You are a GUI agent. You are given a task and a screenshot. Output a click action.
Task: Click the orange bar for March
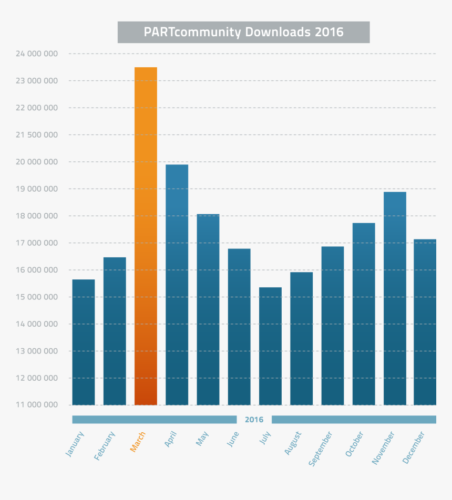tap(146, 236)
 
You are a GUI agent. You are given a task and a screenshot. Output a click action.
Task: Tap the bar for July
tap(270, 346)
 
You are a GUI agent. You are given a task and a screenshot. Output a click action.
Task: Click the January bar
tap(84, 342)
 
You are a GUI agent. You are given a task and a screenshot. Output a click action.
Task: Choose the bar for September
tap(333, 326)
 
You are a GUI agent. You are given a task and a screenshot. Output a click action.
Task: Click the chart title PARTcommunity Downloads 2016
tap(243, 32)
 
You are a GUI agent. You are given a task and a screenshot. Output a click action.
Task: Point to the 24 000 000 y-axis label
tap(37, 54)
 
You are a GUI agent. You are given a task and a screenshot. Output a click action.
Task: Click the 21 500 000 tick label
tap(37, 135)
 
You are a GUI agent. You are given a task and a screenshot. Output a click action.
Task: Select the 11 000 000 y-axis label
tap(37, 405)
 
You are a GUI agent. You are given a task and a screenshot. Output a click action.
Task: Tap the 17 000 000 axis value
tap(37, 243)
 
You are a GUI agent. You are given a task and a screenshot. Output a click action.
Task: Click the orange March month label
tap(138, 442)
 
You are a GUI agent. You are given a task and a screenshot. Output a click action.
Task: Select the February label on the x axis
tap(105, 446)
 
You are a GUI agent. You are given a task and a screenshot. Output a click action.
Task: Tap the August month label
tap(293, 444)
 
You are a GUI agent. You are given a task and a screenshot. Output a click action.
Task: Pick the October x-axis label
tap(355, 444)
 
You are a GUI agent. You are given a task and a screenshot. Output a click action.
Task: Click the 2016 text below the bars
tap(254, 420)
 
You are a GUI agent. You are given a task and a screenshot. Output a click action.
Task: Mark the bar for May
tap(208, 309)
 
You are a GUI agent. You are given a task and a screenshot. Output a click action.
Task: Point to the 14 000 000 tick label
tap(37, 324)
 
